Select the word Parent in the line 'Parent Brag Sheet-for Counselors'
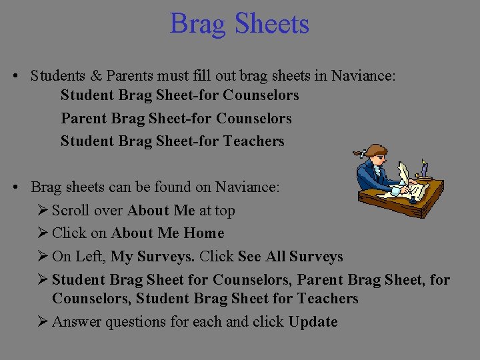(84, 119)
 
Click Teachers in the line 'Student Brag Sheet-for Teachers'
(254, 141)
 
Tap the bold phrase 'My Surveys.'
(153, 257)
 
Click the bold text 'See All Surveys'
(290, 257)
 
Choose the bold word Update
(313, 322)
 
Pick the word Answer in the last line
(75, 322)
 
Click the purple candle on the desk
(424, 169)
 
